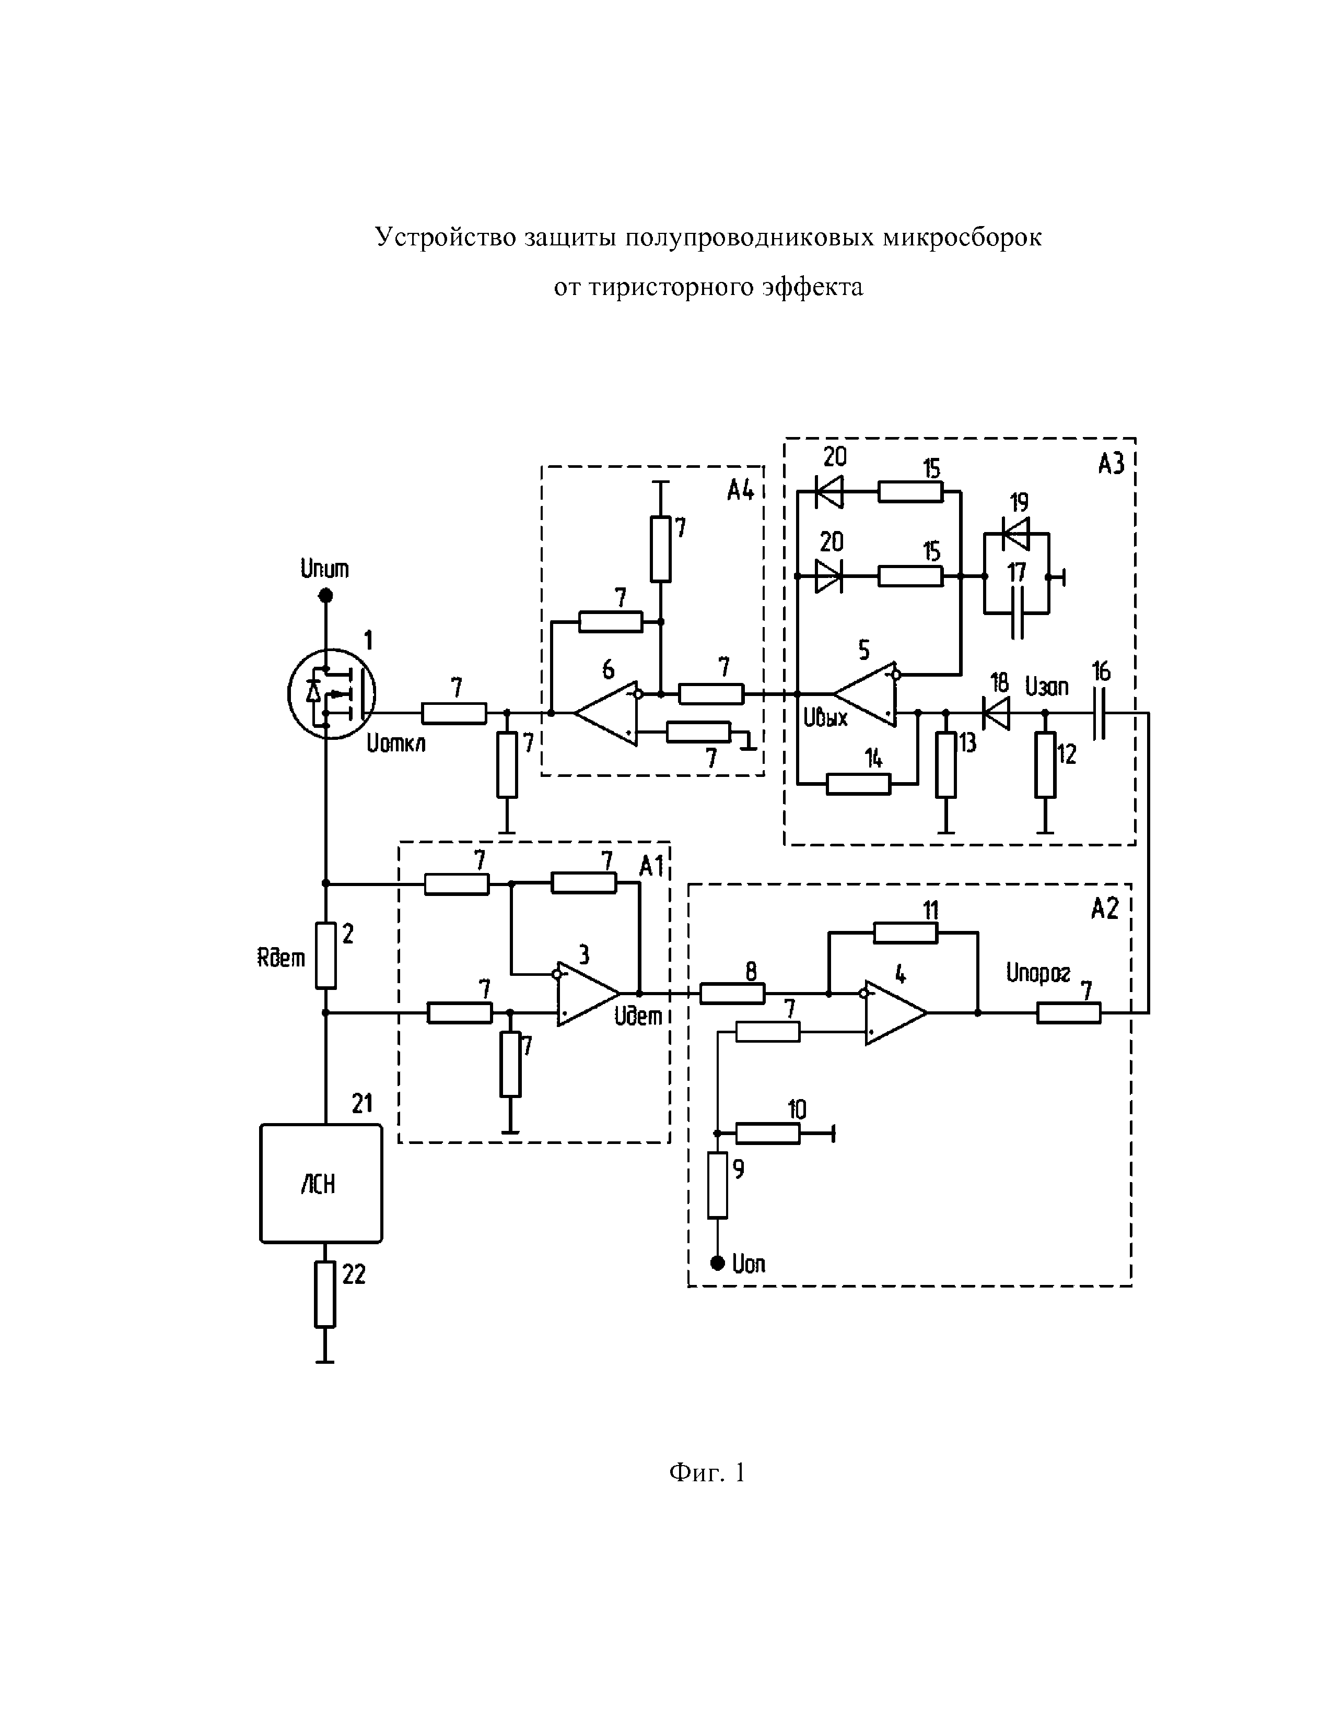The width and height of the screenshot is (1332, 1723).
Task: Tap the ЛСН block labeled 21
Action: tap(321, 1183)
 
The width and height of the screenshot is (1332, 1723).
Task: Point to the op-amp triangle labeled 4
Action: tap(896, 1013)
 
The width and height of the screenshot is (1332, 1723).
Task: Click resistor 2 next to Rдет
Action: tap(326, 955)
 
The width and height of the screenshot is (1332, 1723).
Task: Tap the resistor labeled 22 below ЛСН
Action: tap(325, 1295)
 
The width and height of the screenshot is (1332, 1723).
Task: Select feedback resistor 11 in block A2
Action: tap(905, 934)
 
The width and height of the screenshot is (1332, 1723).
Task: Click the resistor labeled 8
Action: tap(732, 994)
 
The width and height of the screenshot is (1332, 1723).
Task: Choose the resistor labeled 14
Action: tap(859, 784)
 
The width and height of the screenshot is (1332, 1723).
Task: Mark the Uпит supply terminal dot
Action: tap(325, 596)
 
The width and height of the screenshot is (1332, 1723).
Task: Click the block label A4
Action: tap(740, 491)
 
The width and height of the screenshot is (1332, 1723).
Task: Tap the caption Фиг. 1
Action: tap(707, 1472)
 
